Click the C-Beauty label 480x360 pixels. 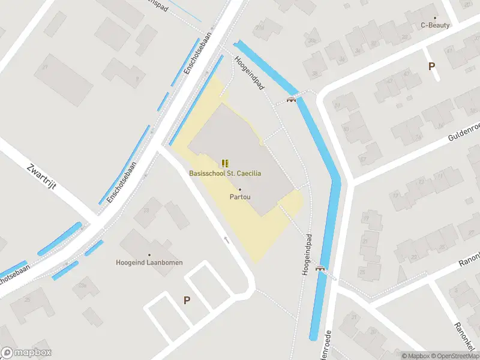(x=435, y=25)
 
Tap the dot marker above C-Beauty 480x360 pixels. (x=435, y=18)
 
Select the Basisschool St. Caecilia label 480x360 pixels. (x=225, y=173)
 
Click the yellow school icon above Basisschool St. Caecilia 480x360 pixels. (x=225, y=163)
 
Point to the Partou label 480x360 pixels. (x=240, y=196)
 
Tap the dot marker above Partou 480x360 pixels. (x=240, y=189)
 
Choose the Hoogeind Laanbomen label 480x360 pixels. (x=149, y=262)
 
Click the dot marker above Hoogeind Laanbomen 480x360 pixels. (x=149, y=255)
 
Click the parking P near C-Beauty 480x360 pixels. (x=431, y=67)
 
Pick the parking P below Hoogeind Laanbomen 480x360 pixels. (x=187, y=300)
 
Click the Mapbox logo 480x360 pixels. (x=26, y=353)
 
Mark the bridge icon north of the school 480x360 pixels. (x=292, y=100)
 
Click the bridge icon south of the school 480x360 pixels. (x=321, y=268)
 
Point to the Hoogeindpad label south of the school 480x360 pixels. (x=307, y=255)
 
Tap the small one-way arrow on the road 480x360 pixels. (x=226, y=240)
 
